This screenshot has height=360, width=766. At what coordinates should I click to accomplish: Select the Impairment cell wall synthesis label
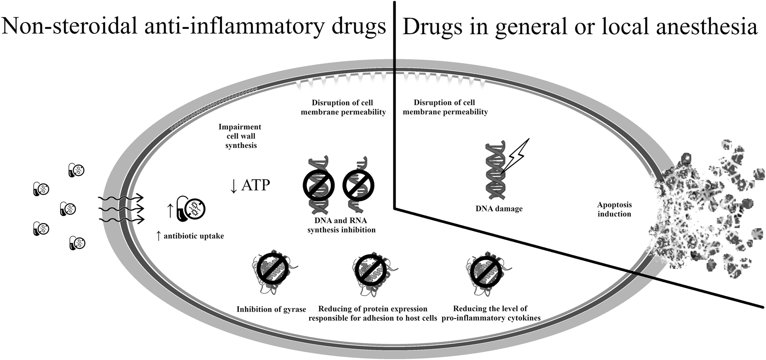(240, 136)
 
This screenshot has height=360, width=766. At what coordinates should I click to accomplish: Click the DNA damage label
(499, 209)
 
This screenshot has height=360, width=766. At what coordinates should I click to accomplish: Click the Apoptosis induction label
(614, 209)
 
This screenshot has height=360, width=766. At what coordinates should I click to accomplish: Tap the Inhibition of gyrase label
(271, 309)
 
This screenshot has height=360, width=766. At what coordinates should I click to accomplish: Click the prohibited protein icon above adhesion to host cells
(372, 270)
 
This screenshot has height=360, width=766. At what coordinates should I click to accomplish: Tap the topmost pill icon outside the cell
(77, 170)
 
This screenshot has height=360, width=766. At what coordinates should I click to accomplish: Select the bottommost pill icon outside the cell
(77, 243)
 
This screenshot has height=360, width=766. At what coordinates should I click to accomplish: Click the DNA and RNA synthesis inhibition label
(342, 225)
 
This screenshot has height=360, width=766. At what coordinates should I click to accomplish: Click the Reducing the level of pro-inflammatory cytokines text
(490, 314)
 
